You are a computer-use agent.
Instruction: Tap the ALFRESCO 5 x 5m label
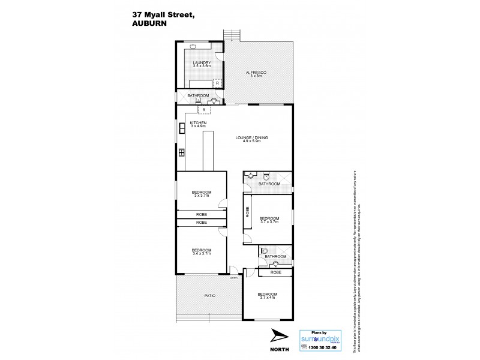point(256,74)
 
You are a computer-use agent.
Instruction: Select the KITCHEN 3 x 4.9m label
point(197,125)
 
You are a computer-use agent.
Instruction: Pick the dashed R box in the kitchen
point(205,110)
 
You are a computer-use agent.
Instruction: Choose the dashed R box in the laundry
point(217,83)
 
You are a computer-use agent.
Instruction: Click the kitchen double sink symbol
point(181,128)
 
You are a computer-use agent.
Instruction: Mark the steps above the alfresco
point(231,35)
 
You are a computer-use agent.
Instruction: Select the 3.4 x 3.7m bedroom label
point(202,251)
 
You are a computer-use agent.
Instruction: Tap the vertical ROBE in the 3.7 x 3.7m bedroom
point(247,212)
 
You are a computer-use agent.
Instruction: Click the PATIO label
point(209,296)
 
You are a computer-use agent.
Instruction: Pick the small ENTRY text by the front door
point(234,278)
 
